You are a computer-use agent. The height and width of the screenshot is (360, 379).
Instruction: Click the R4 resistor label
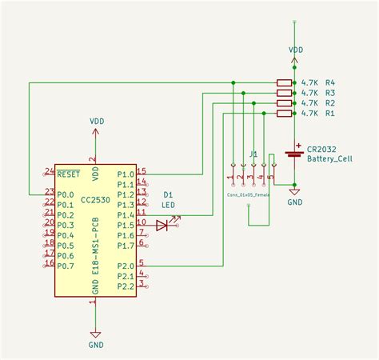[x=329, y=82]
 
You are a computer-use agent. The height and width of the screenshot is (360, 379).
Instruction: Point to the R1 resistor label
[x=329, y=114]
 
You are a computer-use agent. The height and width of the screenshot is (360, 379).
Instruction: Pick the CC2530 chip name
[x=95, y=156]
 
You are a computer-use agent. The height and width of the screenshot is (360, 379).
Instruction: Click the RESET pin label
[x=70, y=173]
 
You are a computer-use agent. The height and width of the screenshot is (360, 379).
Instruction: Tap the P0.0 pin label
[x=68, y=194]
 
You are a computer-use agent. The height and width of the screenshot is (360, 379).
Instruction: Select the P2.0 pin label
[x=126, y=266]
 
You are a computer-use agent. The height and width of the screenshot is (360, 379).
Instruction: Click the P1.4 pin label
[x=126, y=215]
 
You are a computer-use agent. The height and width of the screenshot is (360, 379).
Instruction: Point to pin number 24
[x=50, y=171]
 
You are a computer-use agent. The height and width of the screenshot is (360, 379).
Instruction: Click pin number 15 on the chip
[x=142, y=171]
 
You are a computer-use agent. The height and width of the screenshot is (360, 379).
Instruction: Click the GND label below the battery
[x=295, y=203]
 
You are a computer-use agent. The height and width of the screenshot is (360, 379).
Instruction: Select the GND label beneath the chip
[x=95, y=345]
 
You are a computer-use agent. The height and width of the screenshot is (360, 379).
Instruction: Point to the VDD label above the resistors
[x=296, y=49]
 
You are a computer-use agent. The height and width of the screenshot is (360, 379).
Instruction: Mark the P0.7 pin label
[x=68, y=266]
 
